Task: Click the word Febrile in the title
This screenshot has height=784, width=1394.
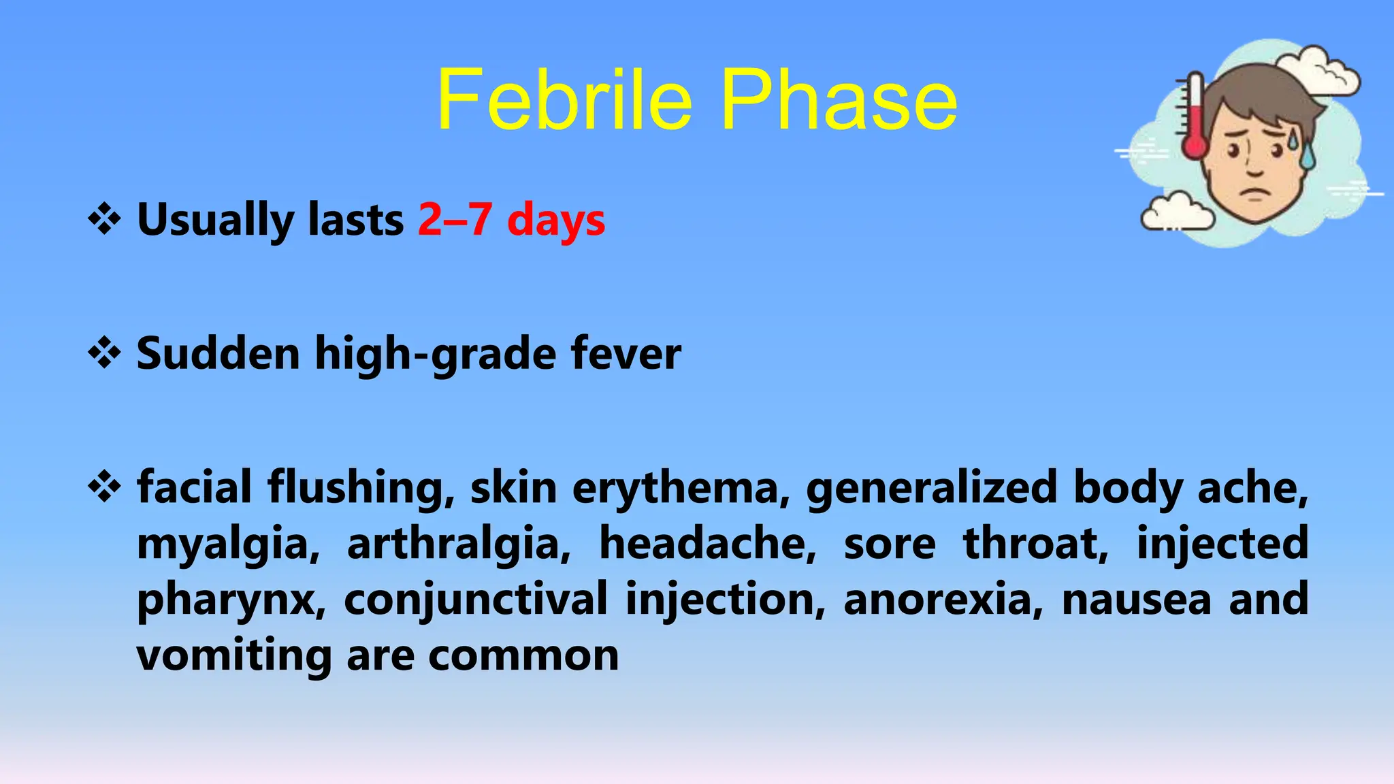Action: (x=564, y=101)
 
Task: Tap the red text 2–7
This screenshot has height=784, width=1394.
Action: (x=454, y=219)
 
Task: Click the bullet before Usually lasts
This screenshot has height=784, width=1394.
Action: (x=104, y=219)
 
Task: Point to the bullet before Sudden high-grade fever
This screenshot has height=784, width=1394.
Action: (x=104, y=353)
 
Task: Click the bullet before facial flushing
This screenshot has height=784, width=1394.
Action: (x=104, y=487)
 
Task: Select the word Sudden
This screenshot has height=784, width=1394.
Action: (x=218, y=353)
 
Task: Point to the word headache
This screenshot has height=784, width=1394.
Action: (x=707, y=544)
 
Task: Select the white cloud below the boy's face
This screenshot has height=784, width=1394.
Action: (x=1177, y=212)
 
